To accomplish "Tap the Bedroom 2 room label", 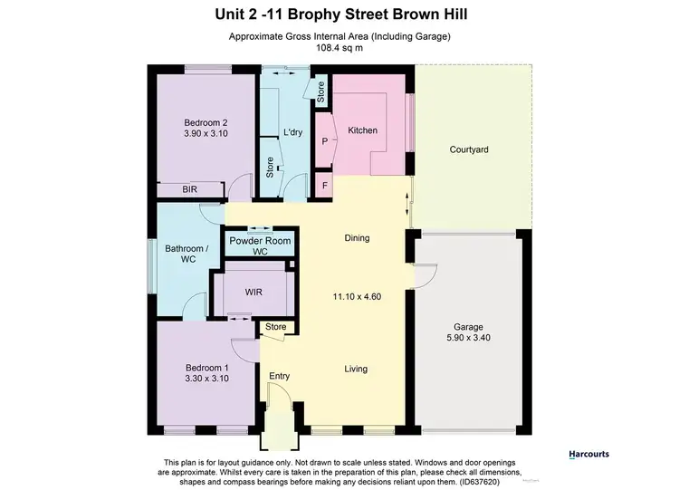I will coord(206,123).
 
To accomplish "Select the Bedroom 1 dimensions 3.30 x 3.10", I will coord(206,380).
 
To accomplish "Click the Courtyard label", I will coord(469,149).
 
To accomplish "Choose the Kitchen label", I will coord(362,131).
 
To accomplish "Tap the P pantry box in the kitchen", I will coord(324,142).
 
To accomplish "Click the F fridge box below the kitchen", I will coord(324,187).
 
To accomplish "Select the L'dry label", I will coord(292,132).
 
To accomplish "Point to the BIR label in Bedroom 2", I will coord(189,189).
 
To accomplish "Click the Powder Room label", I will coord(260,240).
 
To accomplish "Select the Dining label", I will coord(357,238).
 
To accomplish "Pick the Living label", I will coord(357,369).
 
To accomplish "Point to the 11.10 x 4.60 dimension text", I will coord(357,296).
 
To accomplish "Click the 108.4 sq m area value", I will coord(339,49).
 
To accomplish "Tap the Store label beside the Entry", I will coord(275,327).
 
